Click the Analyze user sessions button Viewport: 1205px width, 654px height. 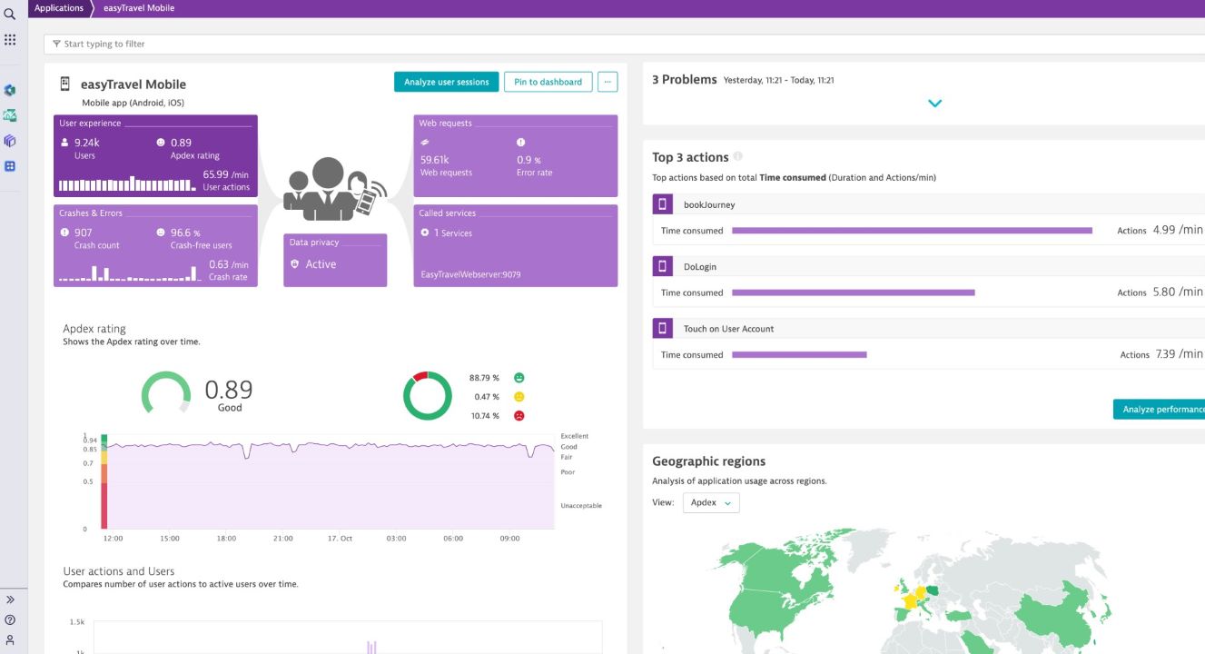point(446,82)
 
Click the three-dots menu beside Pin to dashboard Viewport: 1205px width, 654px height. point(607,82)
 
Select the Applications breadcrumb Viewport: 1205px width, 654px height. point(59,8)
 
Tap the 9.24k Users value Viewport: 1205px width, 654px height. point(86,143)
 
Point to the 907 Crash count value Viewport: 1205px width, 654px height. point(83,233)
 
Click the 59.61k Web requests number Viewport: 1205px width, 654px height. point(435,160)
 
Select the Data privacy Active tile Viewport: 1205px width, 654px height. point(334,261)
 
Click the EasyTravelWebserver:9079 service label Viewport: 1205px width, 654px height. point(470,274)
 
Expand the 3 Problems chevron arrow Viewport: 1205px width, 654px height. point(934,104)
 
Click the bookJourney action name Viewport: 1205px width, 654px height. point(708,205)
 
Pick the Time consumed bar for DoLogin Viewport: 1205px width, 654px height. point(853,292)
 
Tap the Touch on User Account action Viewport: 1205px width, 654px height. point(728,329)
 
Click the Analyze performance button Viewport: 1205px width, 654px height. point(1161,410)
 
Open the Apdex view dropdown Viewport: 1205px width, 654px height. point(710,502)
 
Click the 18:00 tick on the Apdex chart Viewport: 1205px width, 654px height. point(226,539)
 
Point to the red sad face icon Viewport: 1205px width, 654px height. point(519,416)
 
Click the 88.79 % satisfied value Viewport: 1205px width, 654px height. point(484,378)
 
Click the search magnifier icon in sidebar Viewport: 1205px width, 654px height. point(10,14)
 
